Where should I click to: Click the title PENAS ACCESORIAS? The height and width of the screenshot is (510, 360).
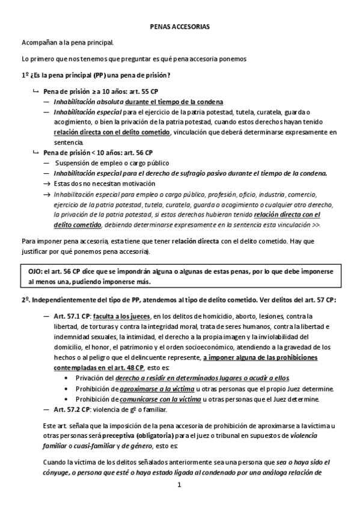[180, 28]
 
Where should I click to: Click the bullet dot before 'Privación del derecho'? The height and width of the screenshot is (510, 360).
[66, 378]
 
